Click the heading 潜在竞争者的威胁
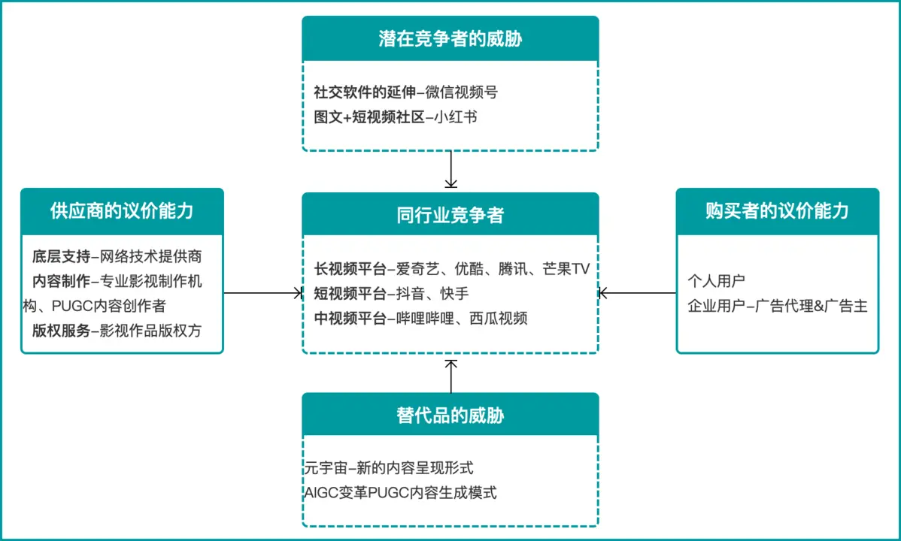coord(450,38)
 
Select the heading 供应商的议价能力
coord(122,211)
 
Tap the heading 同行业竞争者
coord(450,215)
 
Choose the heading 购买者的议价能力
coord(778,211)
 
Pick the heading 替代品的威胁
coord(450,416)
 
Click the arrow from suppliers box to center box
coord(263,293)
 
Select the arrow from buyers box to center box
coord(637,293)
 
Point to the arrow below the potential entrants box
coord(451,169)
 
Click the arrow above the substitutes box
coord(451,376)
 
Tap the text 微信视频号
coord(462,92)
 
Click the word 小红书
coord(456,117)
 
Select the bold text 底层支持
coord(62,256)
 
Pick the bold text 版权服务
coord(62,331)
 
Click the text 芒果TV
coord(566,269)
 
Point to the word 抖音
coord(411,294)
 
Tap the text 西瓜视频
coord(498,318)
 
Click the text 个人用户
coord(717,281)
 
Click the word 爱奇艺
coord(417,269)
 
